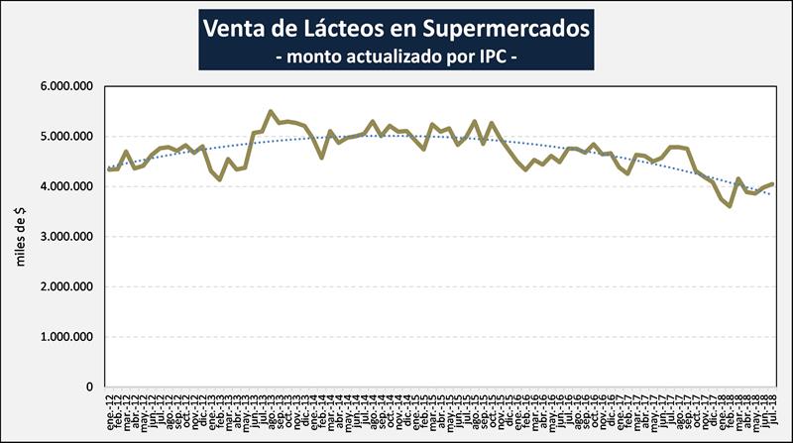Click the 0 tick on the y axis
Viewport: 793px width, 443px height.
click(90, 388)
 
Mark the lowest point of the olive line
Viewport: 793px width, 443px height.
click(730, 206)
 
